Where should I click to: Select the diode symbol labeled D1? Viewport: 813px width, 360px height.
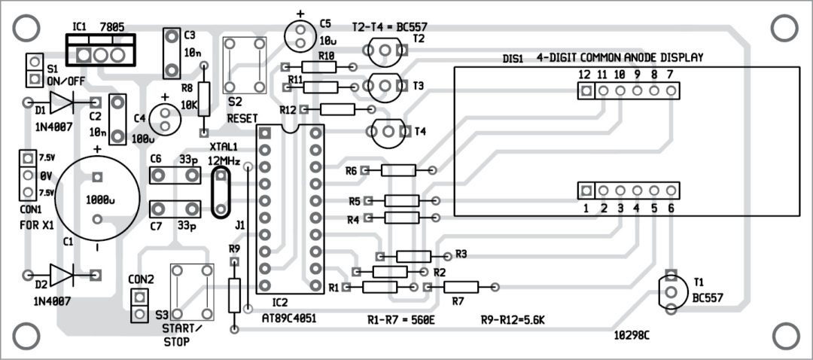pyautogui.click(x=61, y=102)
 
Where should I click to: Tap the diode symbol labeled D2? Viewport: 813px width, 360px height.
pyautogui.click(x=61, y=274)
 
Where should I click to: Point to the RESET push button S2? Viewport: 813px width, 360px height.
pyautogui.click(x=245, y=65)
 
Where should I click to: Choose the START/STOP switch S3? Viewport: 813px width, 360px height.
pyautogui.click(x=190, y=291)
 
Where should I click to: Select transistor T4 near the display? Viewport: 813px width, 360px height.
pyautogui.click(x=385, y=133)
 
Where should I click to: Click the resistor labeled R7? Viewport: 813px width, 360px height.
pyautogui.click(x=461, y=287)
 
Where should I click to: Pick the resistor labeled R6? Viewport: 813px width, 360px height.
pyautogui.click(x=398, y=171)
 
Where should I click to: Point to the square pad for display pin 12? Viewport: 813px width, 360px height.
pyautogui.click(x=585, y=91)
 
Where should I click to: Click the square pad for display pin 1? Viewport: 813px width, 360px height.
pyautogui.click(x=586, y=191)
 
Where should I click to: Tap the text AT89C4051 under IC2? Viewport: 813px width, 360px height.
pyautogui.click(x=288, y=318)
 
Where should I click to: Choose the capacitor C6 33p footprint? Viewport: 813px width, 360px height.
pyautogui.click(x=175, y=176)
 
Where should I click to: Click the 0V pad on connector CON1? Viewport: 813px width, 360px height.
pyautogui.click(x=27, y=176)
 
